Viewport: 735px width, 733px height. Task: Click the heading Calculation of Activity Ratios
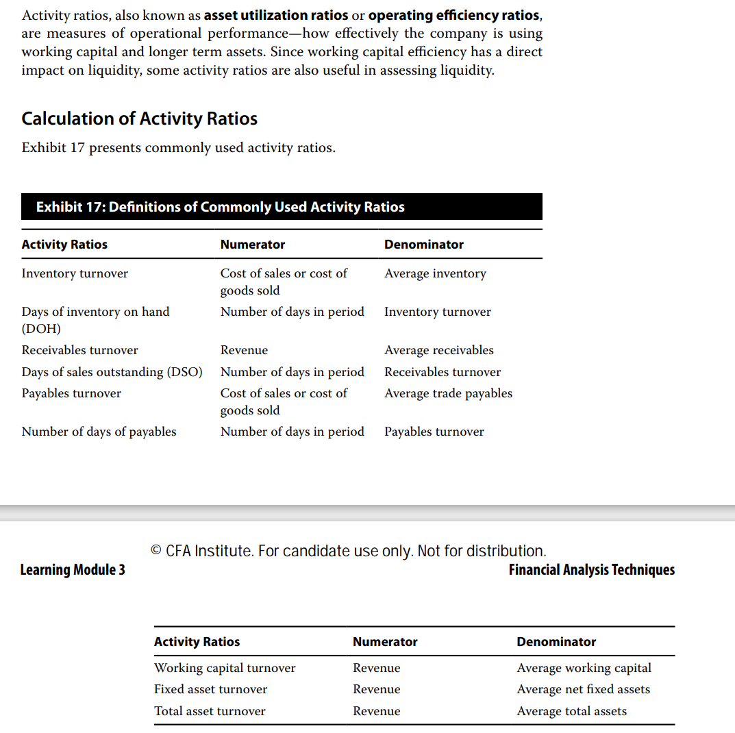tap(139, 119)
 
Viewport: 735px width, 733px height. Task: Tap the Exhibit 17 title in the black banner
tap(220, 207)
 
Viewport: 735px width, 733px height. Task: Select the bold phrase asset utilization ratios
tap(275, 15)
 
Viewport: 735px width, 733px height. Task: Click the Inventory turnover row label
tap(75, 273)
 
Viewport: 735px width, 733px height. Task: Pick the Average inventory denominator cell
tap(435, 273)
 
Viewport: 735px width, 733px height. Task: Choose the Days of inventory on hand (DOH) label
tap(95, 319)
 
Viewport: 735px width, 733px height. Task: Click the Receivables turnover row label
tap(79, 350)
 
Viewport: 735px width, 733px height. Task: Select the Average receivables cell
tap(438, 350)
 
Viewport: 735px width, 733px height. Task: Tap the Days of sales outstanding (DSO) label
tap(112, 372)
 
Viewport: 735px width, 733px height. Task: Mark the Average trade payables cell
tap(448, 393)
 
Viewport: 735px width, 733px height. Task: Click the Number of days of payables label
tap(99, 432)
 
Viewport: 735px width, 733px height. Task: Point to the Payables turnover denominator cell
tap(434, 432)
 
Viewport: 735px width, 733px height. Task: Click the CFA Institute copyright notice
tap(348, 551)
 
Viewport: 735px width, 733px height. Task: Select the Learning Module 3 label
tap(73, 570)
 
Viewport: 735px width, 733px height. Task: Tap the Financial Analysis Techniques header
tap(591, 570)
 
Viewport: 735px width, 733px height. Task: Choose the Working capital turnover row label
tap(225, 668)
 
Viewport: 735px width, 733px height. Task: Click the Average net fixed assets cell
tap(583, 689)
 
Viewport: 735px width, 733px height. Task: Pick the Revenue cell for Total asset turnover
tap(376, 711)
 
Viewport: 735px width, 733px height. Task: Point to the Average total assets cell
tap(571, 711)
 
